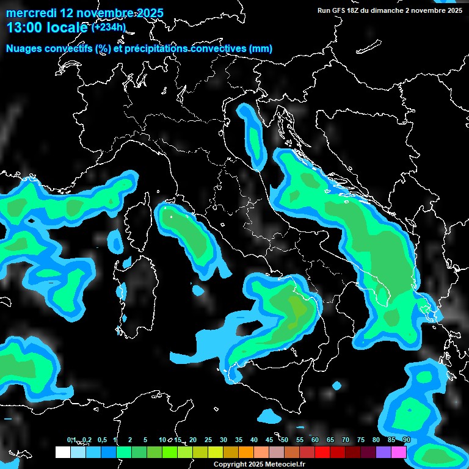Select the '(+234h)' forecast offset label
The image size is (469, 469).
(108, 27)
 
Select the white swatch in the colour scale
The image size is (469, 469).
(62, 452)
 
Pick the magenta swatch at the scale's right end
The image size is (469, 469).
(399, 452)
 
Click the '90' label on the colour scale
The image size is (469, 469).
(407, 440)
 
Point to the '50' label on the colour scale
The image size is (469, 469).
(285, 440)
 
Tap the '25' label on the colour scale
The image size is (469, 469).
(208, 440)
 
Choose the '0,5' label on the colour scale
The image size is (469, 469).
(102, 440)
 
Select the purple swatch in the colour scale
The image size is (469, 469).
(384, 452)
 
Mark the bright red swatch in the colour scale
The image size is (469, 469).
(322, 452)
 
